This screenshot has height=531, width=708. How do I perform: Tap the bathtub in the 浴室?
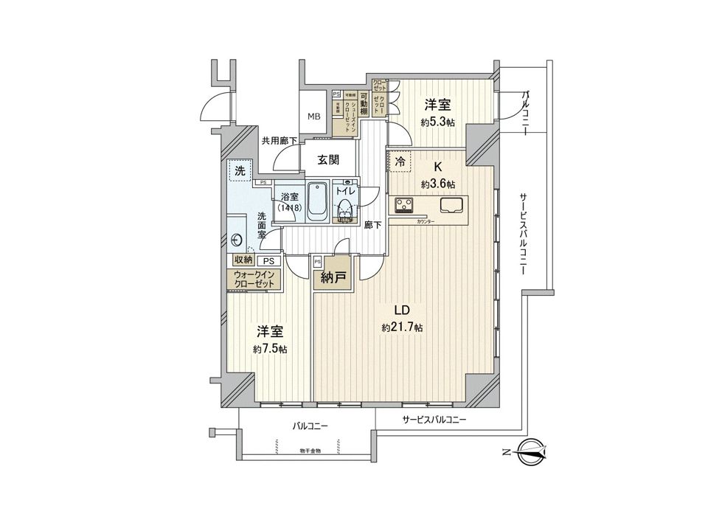[317, 201]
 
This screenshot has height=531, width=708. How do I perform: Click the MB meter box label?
[314, 116]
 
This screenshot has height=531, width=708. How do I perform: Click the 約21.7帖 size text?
[402, 327]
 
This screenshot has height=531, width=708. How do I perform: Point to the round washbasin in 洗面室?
[237, 239]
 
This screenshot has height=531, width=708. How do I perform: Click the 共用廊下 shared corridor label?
[280, 141]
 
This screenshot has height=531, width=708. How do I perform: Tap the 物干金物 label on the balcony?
[310, 451]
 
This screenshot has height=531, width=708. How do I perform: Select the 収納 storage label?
[243, 260]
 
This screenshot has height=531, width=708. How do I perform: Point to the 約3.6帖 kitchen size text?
[438, 184]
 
